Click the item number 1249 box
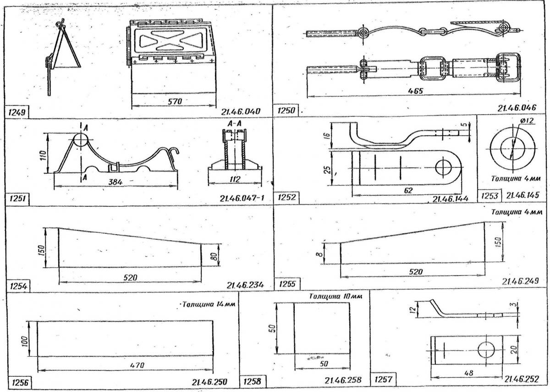16,112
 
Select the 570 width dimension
175,101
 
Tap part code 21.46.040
241,112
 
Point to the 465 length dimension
415,91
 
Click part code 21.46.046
517,108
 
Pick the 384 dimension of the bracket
115,182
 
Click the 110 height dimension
43,155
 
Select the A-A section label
234,123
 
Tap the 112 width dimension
235,179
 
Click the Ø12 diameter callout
526,121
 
